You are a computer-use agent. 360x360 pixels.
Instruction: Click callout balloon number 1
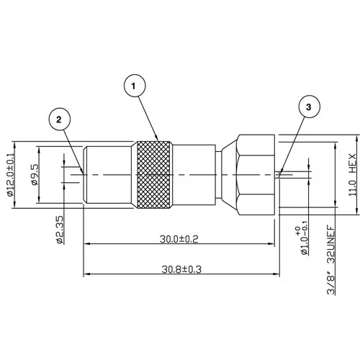click(135, 86)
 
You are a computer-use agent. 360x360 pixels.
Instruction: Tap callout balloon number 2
click(59, 120)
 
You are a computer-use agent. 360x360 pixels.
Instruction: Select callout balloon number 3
click(309, 107)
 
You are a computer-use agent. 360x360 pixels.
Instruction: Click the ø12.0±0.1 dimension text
click(11, 175)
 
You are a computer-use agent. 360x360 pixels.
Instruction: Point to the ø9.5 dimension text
click(34, 175)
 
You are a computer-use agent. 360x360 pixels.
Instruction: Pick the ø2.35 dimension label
click(60, 230)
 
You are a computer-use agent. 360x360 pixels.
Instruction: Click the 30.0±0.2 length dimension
click(179, 239)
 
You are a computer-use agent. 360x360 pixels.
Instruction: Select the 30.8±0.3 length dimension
click(181, 269)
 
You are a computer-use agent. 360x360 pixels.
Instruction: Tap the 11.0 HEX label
click(352, 175)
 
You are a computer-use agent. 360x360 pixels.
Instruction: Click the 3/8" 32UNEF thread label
click(331, 260)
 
